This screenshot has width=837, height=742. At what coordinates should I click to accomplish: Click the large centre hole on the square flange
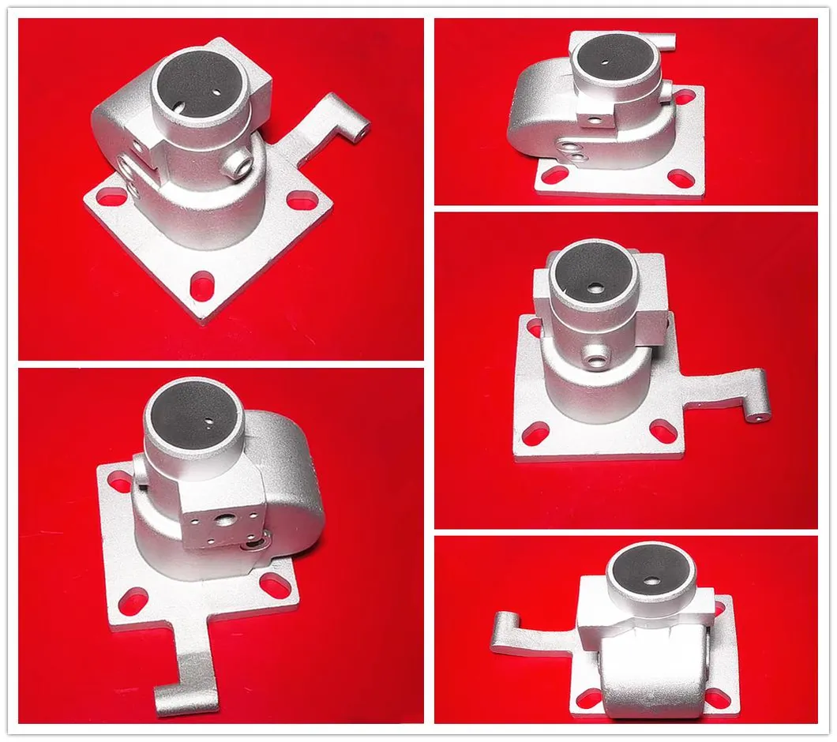(227, 523)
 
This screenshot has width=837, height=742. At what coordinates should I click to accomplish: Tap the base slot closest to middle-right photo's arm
(662, 431)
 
